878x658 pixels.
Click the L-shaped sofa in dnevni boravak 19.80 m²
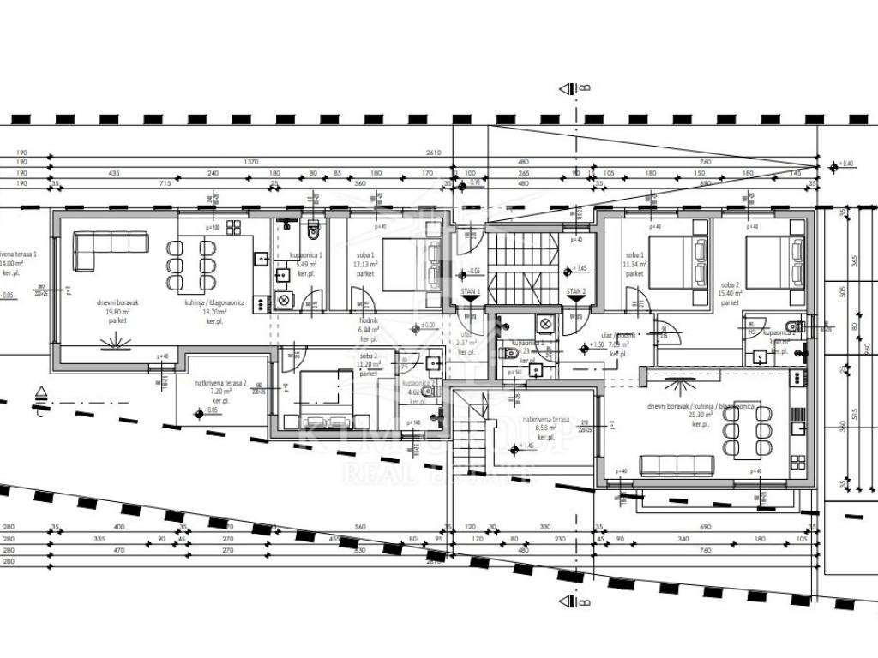[x=103, y=250]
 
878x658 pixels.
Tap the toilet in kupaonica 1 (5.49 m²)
[x=313, y=229]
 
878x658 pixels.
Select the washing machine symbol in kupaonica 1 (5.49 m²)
[x=284, y=301]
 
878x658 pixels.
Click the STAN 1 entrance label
[x=472, y=292]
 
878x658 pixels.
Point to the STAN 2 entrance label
[x=576, y=292]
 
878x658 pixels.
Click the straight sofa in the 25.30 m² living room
[x=677, y=465]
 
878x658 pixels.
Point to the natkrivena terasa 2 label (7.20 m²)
[x=220, y=391]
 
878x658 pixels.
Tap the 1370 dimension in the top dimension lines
[x=251, y=161]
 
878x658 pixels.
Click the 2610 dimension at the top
[x=433, y=152]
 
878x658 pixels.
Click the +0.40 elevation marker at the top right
[x=847, y=163]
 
